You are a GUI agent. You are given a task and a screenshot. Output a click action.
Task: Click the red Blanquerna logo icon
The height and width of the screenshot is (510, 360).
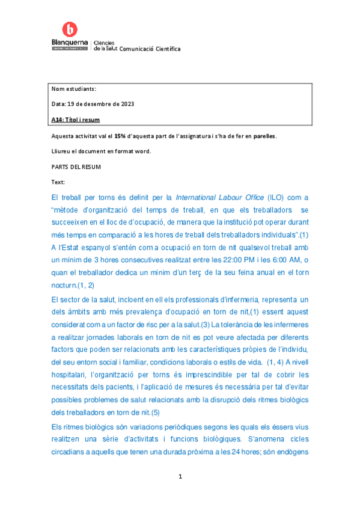coord(70,28)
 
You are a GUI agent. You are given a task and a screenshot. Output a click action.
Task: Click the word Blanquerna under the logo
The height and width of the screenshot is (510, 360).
coord(70,43)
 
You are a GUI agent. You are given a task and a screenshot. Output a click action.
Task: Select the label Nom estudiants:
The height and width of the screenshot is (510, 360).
coord(74,89)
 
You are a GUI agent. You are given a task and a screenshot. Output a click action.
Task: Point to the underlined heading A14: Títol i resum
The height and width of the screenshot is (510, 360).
coord(76,119)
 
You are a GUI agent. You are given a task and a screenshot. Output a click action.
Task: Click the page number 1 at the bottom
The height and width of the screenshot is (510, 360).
coord(180,477)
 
